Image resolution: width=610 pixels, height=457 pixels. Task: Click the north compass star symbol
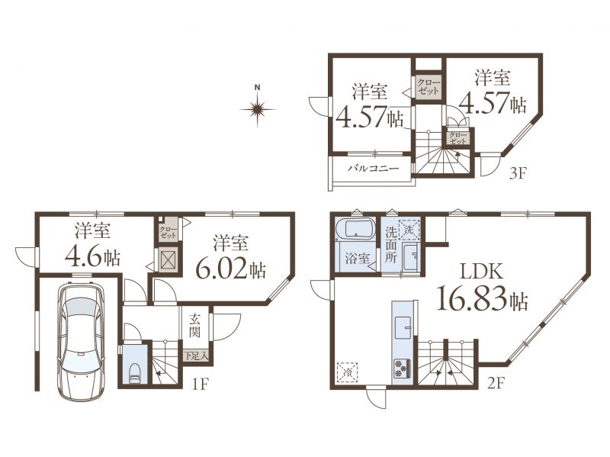pos(257,108)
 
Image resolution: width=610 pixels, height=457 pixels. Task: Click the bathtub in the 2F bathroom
pos(355,229)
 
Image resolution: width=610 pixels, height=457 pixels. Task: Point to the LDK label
pos(482,272)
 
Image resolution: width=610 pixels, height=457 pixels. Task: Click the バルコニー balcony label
pos(373,169)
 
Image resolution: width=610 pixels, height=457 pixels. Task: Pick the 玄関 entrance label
pos(195,326)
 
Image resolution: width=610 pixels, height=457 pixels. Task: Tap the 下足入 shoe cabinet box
pos(197,355)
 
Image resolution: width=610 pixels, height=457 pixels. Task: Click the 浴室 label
pos(357,258)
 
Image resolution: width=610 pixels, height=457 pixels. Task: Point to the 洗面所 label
pos(390,244)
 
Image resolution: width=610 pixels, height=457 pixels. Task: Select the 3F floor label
pos(518,173)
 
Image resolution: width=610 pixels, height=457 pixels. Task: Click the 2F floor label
pos(496,385)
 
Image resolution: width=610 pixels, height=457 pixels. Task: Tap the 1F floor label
pos(201,385)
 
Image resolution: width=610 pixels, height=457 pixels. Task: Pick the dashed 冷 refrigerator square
pos(348,372)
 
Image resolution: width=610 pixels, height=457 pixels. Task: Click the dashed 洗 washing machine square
pos(409,230)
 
